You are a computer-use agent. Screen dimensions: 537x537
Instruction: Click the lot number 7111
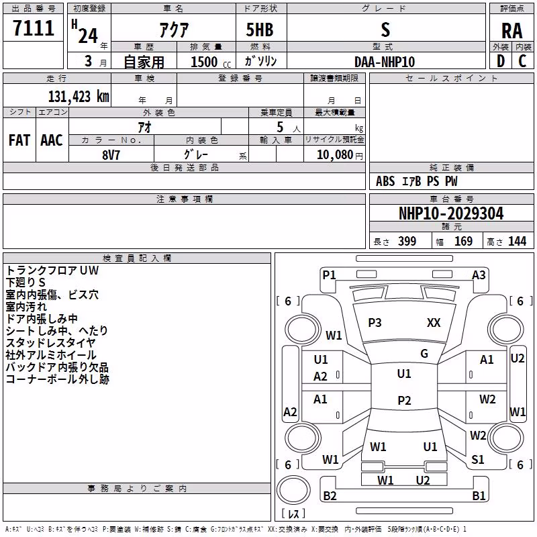[x=34, y=28]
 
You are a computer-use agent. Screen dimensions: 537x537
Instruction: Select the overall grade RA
[x=511, y=31]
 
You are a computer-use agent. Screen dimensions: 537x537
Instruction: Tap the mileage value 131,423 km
[x=79, y=97]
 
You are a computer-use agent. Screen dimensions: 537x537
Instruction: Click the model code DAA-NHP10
[x=385, y=62]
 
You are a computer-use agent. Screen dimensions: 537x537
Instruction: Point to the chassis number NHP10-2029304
[x=451, y=213]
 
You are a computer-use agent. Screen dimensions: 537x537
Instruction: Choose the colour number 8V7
[x=111, y=155]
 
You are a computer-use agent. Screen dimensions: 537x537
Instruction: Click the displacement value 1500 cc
[x=211, y=62]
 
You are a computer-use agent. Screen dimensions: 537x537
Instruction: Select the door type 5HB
[x=260, y=30]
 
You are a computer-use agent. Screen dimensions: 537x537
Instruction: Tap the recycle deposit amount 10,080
[x=335, y=155]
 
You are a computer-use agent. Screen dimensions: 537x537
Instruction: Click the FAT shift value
[x=19, y=140]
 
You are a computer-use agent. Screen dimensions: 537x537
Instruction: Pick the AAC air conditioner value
[x=52, y=140]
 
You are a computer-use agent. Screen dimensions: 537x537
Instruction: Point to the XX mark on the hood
[x=434, y=323]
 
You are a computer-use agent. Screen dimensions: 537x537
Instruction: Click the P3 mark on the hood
[x=375, y=323]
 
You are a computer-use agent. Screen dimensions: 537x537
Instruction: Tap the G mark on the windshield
[x=424, y=354]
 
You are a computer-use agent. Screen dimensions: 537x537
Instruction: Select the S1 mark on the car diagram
[x=477, y=460]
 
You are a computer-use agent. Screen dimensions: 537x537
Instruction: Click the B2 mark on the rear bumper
[x=330, y=495]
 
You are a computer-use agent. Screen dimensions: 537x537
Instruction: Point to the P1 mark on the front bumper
[x=329, y=275]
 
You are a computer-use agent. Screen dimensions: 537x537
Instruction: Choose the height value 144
[x=517, y=241]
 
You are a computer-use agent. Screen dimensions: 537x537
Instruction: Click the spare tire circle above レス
[x=293, y=490]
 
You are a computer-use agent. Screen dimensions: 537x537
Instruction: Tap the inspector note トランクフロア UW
[x=52, y=271]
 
